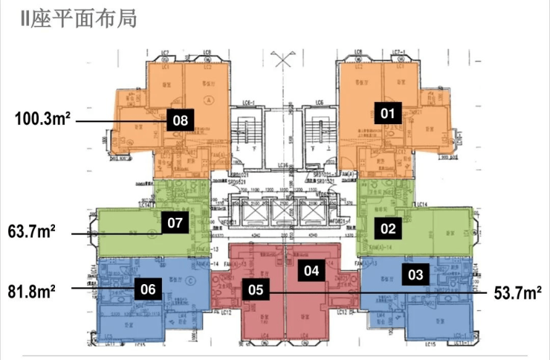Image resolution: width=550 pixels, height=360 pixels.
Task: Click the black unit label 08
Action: [x=180, y=120]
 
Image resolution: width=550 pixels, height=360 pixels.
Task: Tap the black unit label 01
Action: [x=386, y=113]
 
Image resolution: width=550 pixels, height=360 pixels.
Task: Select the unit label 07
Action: [x=175, y=222]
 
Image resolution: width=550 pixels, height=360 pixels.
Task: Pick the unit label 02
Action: [x=387, y=229]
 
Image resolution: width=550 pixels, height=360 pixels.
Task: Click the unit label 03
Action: [x=415, y=274]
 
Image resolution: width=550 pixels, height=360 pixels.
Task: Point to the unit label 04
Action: [x=311, y=271]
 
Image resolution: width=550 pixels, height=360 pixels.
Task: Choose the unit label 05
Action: [x=256, y=291]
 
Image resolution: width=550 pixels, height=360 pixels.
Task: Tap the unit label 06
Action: [x=147, y=290]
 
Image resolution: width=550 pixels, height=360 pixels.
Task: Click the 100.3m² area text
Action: [x=43, y=118]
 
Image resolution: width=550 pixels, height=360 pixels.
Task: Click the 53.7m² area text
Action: [x=517, y=294]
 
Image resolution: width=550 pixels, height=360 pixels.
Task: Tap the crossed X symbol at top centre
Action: [x=282, y=60]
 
